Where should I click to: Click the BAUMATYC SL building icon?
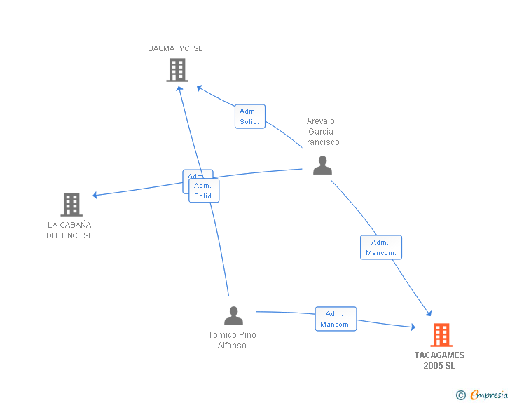(177, 70)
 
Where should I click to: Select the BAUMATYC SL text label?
(175, 48)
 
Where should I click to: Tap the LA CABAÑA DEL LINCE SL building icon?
(71, 205)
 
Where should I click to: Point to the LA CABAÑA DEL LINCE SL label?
(69, 231)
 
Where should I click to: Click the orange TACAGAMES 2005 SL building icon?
(441, 335)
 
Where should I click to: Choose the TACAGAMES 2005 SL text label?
(439, 360)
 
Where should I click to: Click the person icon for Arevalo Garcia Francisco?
(322, 165)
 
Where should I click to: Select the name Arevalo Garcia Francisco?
(321, 132)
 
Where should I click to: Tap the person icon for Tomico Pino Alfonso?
(233, 316)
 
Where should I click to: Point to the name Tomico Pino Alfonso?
(232, 340)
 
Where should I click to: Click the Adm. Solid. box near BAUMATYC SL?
(249, 116)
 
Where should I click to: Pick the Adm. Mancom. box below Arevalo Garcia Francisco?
(381, 247)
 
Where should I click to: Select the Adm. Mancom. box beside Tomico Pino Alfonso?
(336, 319)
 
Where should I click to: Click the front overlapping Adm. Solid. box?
(204, 191)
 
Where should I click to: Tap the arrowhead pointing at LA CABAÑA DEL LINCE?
(95, 196)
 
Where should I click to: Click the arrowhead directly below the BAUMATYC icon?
(179, 88)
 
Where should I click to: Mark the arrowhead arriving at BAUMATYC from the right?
(199, 88)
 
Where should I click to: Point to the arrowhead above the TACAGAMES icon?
(429, 314)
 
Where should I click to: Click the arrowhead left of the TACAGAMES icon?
(413, 327)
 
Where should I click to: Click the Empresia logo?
(483, 395)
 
